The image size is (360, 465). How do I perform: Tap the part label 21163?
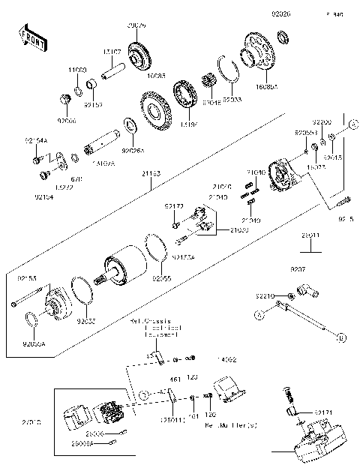[150, 173]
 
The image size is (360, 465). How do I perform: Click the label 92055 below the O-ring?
[161, 278]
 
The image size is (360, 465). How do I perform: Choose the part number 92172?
[174, 205]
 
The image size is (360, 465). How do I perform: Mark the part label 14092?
[226, 361]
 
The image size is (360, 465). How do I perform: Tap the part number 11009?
[78, 68]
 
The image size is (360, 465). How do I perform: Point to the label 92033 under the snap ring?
[232, 97]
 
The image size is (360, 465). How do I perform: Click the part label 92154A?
[35, 140]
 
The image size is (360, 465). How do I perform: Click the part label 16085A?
[267, 87]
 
